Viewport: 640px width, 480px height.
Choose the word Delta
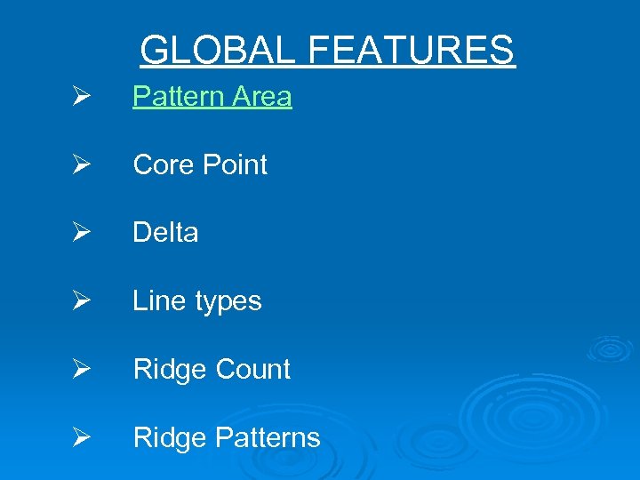coord(165,233)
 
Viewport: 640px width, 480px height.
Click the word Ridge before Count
coord(170,370)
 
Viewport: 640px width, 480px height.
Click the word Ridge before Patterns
coord(170,438)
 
